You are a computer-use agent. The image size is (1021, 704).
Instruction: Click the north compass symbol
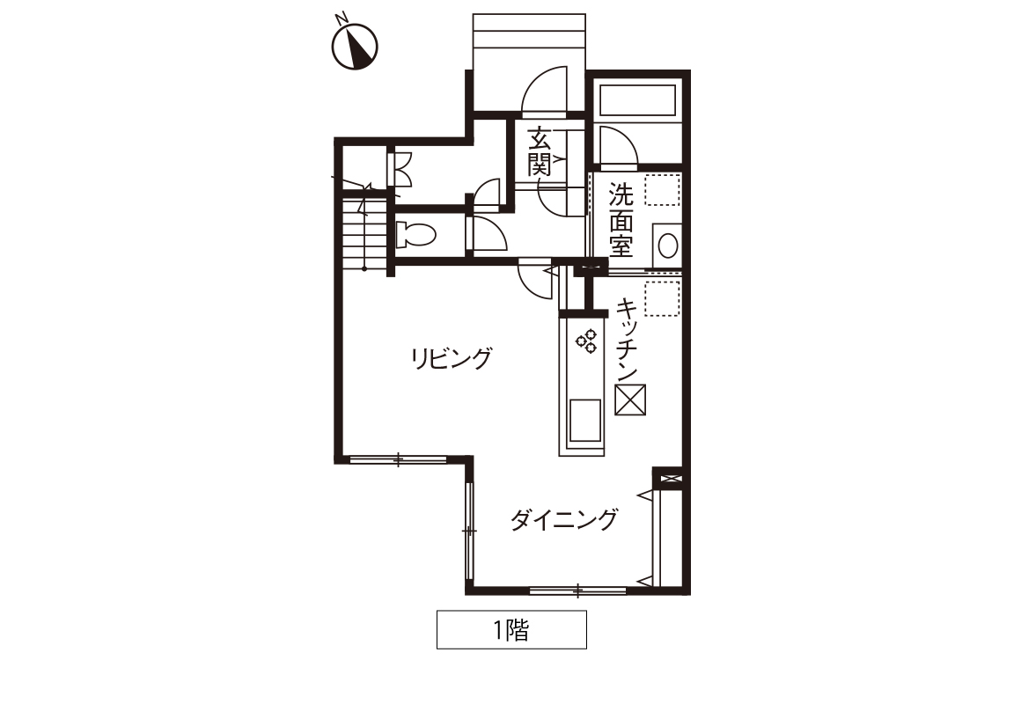355,46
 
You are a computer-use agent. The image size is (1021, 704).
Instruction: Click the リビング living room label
451,358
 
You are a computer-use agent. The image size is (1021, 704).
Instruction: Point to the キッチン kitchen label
627,340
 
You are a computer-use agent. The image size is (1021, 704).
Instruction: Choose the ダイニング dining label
563,520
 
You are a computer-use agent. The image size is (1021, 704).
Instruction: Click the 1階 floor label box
511,629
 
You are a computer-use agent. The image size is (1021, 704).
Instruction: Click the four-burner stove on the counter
586,341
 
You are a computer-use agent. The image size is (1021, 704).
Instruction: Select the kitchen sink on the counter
584,420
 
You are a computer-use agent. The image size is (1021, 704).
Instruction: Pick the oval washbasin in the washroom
667,246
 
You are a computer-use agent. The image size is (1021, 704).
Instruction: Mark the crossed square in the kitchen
630,400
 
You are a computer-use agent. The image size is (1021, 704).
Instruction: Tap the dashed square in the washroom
663,189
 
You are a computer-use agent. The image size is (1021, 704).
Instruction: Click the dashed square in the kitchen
663,299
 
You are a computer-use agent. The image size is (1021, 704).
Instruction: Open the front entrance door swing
544,89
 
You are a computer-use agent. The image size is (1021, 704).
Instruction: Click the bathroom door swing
619,144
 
